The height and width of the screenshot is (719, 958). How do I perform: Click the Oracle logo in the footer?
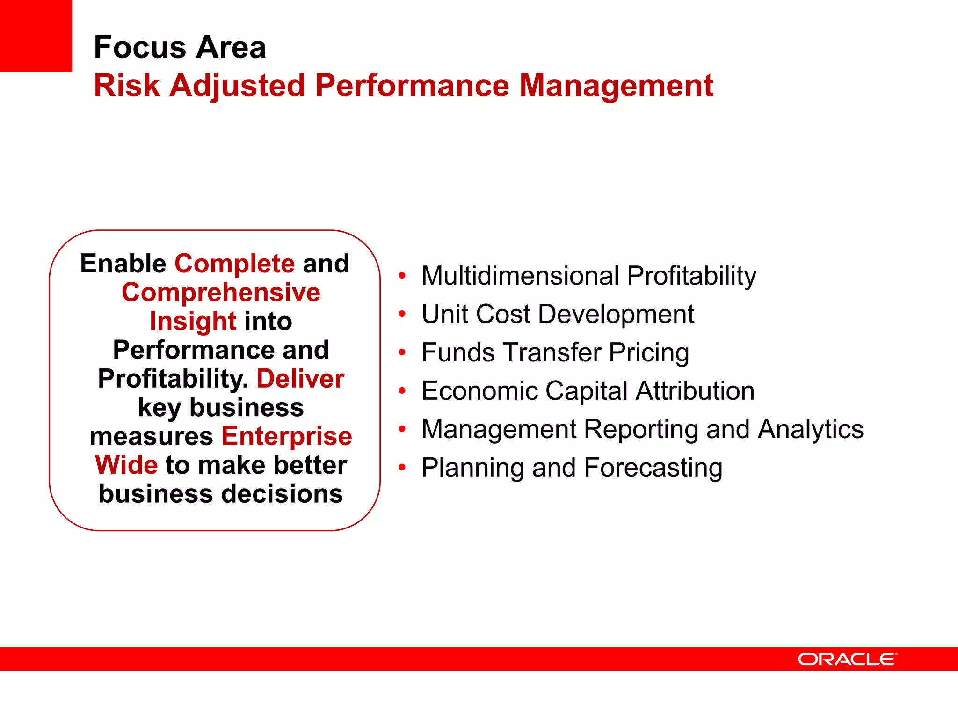tap(847, 659)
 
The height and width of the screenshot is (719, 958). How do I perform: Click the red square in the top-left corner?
tap(36, 36)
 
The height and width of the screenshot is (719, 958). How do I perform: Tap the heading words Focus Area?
tap(180, 47)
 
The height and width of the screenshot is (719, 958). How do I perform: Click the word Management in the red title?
tap(616, 86)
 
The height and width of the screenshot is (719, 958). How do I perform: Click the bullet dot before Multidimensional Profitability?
tap(402, 276)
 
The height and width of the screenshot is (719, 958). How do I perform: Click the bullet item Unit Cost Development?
tap(558, 314)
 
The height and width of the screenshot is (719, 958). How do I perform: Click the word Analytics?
tap(810, 429)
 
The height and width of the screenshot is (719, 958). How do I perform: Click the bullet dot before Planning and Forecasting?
tap(402, 468)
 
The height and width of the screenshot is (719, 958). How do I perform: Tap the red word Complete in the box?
tap(234, 264)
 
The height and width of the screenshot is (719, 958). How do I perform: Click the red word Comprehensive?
tap(221, 293)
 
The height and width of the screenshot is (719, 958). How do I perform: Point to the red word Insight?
tap(192, 322)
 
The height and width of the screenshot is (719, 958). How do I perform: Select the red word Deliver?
tap(300, 379)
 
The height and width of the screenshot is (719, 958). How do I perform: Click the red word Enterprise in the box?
tap(286, 436)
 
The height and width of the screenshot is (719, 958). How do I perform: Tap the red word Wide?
tap(126, 465)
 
